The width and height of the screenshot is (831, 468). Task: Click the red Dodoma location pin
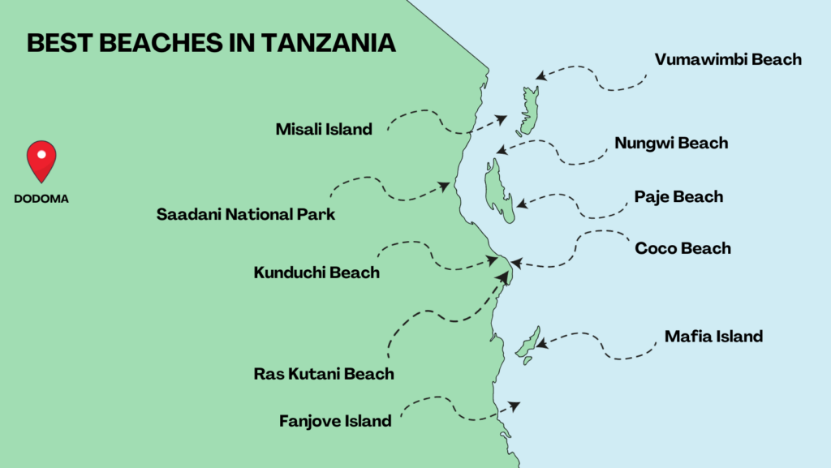point(41,159)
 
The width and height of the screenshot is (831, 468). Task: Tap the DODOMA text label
point(41,198)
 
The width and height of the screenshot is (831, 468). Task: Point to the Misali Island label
point(323,129)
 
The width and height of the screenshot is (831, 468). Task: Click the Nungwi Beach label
point(671,144)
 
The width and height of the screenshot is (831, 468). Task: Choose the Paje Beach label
point(678,197)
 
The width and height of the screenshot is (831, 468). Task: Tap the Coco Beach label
point(682,248)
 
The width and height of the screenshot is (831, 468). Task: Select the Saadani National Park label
point(245,215)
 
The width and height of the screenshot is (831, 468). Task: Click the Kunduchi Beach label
point(316,273)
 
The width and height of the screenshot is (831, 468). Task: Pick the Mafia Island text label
point(713,336)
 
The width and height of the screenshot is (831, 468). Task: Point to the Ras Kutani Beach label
point(324,374)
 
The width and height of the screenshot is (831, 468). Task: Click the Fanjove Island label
point(335,421)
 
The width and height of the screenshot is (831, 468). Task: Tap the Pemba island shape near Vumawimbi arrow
point(528,112)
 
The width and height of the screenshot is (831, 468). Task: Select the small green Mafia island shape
point(527,344)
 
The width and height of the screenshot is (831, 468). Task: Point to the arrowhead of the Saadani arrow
point(446,186)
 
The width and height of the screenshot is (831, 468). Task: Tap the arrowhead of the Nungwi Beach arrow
point(501,150)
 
